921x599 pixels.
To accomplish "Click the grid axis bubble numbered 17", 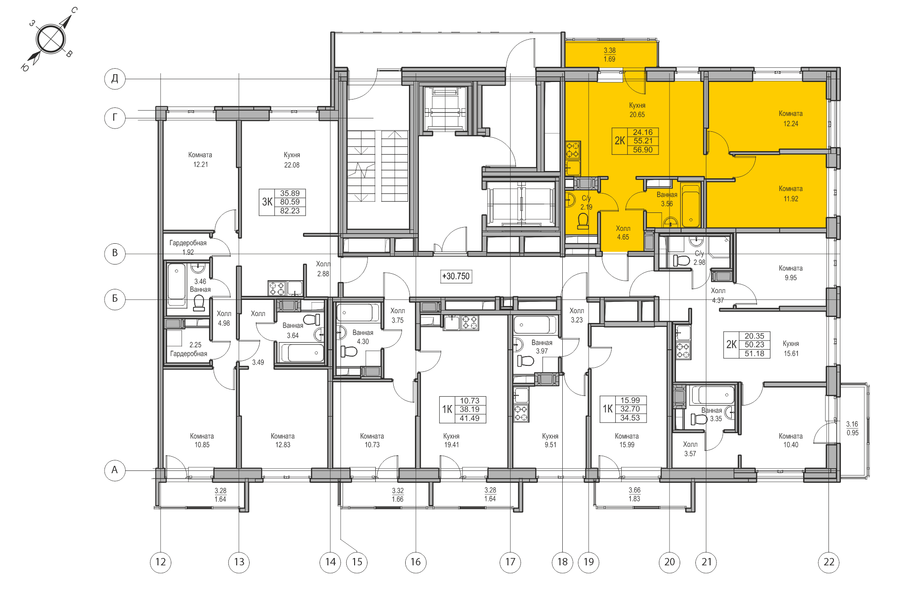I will click(x=510, y=562).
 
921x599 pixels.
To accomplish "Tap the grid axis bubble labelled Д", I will click(x=115, y=78).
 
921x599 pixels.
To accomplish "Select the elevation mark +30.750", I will click(x=456, y=276).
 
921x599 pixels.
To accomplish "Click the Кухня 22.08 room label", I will click(x=291, y=160).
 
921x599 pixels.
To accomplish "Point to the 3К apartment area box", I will click(x=282, y=202).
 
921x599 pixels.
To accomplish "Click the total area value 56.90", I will click(x=642, y=150).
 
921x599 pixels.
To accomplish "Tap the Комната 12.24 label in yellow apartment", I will click(x=790, y=118).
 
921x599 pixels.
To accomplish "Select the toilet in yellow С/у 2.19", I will click(x=583, y=221).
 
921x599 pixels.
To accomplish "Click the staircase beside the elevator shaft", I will click(x=377, y=166).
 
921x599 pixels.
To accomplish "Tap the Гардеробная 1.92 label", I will click(x=188, y=247).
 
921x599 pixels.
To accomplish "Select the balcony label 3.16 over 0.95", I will click(x=852, y=428).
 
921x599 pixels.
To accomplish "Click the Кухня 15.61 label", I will click(x=791, y=348).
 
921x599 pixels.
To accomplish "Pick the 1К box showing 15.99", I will click(x=624, y=409).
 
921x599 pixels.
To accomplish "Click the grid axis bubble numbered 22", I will click(x=828, y=562).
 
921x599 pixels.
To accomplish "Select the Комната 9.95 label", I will click(x=790, y=273).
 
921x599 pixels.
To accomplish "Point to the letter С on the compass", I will click(x=74, y=10).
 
